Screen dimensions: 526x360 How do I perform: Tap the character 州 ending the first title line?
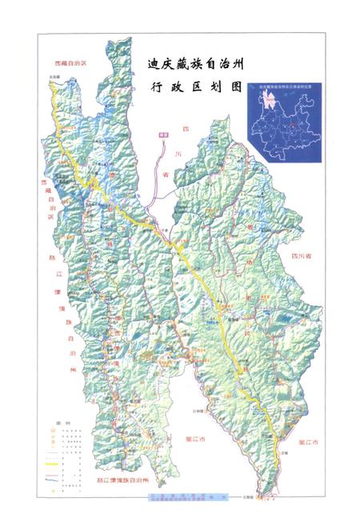coord(238,62)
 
